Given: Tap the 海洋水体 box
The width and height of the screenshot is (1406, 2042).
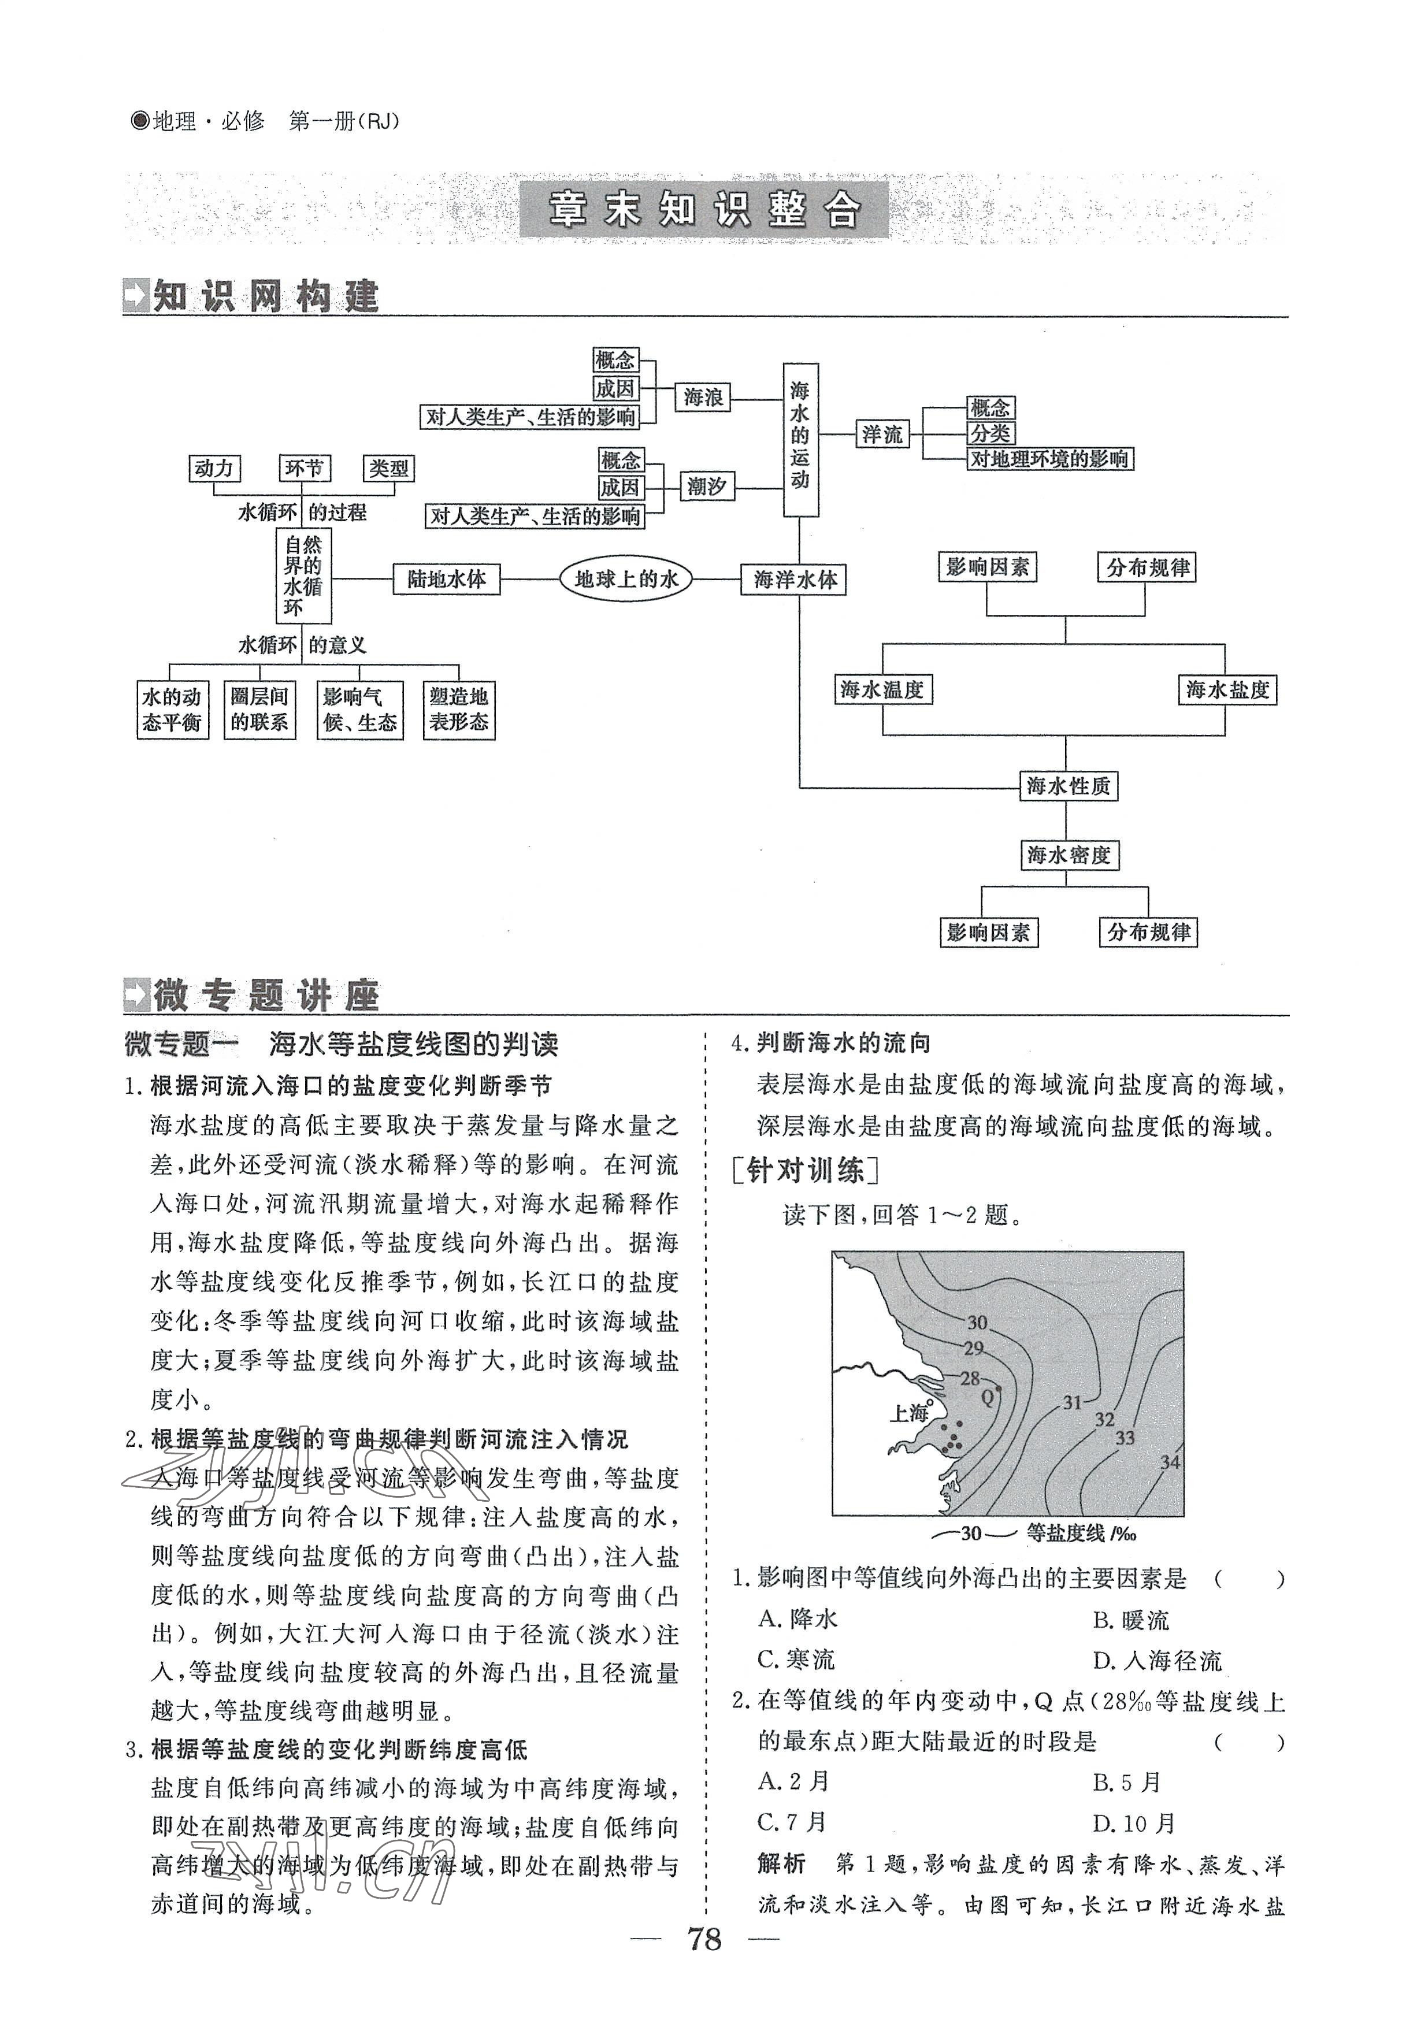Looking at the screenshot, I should point(795,580).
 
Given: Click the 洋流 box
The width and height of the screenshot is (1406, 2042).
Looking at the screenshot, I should point(882,435).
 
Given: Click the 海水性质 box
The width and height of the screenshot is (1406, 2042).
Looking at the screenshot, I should point(1068,786).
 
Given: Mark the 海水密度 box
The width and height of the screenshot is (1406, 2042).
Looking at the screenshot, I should point(1068,855).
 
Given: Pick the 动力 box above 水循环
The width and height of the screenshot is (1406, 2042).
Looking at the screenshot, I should point(214,468).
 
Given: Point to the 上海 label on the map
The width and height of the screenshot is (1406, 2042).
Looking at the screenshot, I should point(909,1413).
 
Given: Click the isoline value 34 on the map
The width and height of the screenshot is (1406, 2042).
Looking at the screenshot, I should point(1169,1462).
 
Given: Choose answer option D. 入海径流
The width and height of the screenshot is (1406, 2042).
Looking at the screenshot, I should point(1157,1661).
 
